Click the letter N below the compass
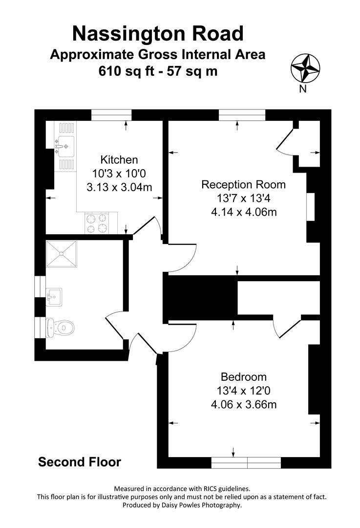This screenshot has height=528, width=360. click(303, 88)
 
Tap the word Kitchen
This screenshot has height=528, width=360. click(119, 160)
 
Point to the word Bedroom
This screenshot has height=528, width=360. click(244, 377)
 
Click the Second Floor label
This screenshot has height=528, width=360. click(80, 462)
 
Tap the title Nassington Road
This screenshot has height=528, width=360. click(158, 34)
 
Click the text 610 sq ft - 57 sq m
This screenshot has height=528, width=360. click(158, 71)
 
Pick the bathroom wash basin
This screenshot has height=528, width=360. click(54, 296)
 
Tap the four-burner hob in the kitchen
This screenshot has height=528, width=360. click(97, 223)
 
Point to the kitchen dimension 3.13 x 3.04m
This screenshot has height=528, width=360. click(120, 187)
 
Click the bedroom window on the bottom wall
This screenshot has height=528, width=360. click(246, 462)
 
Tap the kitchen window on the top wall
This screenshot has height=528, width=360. click(112, 115)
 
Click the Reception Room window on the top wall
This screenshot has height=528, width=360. click(242, 115)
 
